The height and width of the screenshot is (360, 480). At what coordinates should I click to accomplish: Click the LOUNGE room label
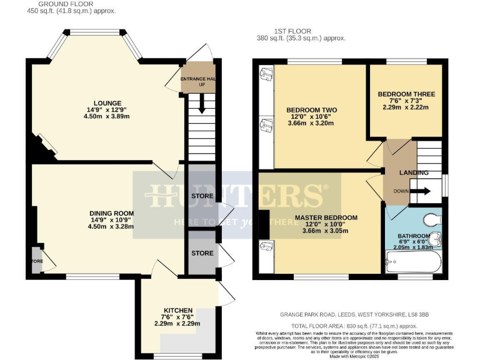[x=107, y=103]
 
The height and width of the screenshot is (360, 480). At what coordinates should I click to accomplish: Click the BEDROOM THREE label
[x=406, y=94]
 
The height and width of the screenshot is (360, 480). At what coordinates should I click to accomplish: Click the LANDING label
[x=413, y=173]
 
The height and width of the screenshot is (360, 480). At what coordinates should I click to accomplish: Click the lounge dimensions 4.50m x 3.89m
[x=107, y=117]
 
